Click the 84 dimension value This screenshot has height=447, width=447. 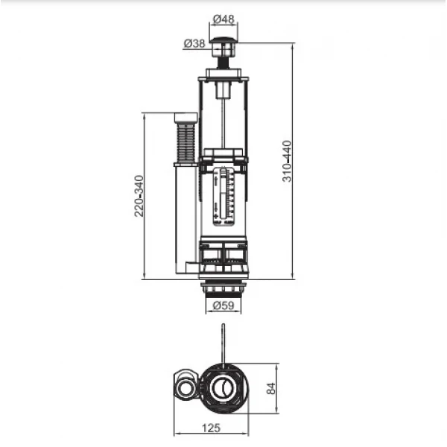click(271, 388)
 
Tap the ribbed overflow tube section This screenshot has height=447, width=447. click(184, 142)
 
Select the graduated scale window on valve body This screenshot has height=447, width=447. click(223, 196)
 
